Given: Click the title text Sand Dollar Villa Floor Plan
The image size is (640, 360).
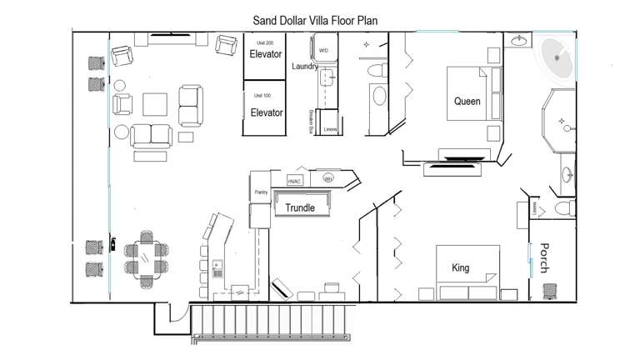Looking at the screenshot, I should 320,18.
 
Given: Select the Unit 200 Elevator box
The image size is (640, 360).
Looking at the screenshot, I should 266,55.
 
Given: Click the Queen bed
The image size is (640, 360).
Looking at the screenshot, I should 467,102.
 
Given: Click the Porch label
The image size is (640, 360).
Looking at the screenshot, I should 542,257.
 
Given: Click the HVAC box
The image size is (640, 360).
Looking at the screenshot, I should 294,181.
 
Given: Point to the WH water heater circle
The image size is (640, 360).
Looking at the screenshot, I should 327,178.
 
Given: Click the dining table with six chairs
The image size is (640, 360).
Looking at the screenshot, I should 146,257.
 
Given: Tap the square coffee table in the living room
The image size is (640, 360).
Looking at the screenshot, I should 154,104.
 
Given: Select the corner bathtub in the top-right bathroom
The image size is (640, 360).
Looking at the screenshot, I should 555,59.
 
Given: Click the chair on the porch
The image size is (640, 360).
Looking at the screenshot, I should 550,291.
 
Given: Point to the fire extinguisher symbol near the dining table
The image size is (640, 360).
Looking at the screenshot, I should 110,244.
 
